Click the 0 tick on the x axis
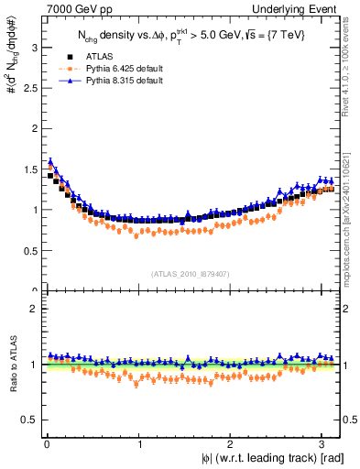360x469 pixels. coord(46,443)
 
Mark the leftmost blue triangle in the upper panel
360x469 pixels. coord(50,161)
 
